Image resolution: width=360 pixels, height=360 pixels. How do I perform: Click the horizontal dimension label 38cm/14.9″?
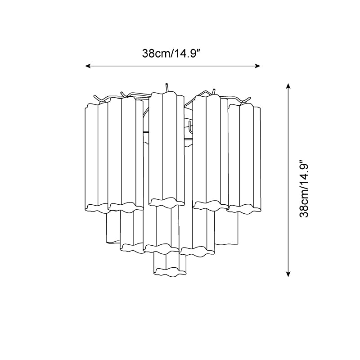coord(172,54)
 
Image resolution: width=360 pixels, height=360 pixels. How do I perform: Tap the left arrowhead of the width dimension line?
coord(87,66)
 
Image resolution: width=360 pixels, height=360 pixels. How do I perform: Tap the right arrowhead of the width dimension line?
coord(258,66)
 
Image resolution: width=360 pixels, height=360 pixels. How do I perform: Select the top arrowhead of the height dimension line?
coord(288,85)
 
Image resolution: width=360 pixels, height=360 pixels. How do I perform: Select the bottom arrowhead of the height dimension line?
coord(288,274)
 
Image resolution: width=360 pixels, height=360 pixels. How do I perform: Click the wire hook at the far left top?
coord(98,99)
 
